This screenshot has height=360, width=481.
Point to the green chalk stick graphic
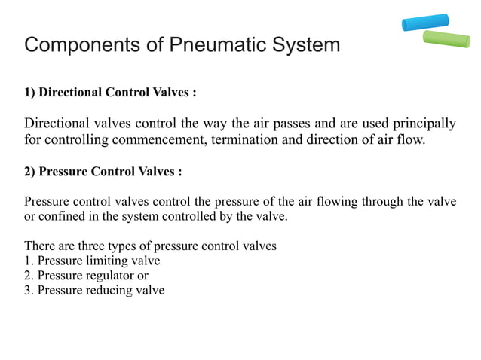point(446,38)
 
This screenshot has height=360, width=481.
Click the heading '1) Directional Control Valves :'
point(111,93)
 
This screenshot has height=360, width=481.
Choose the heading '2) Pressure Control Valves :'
point(103,171)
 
